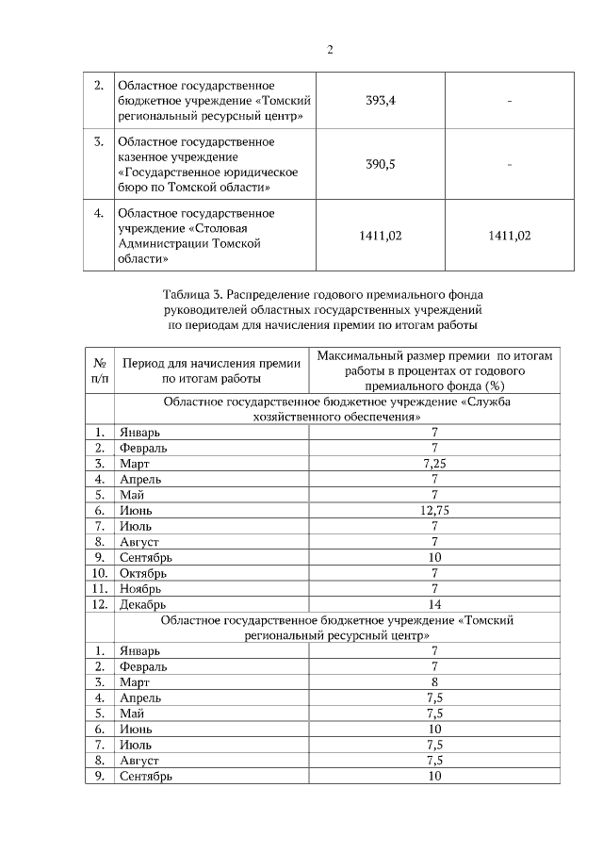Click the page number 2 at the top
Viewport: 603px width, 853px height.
pyautogui.click(x=330, y=50)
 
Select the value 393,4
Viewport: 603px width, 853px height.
pyautogui.click(x=380, y=102)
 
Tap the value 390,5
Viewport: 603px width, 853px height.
pyautogui.click(x=380, y=164)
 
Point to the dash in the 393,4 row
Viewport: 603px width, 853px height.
pyautogui.click(x=509, y=102)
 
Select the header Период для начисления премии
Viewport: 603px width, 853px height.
pyautogui.click(x=211, y=362)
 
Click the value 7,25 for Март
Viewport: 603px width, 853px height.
pyautogui.click(x=434, y=464)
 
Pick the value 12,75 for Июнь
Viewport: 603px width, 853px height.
pyautogui.click(x=434, y=510)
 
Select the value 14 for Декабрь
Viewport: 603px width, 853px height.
pyautogui.click(x=434, y=603)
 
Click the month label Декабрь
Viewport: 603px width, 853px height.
pyautogui.click(x=143, y=603)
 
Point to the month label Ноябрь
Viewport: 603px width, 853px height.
pyautogui.click(x=141, y=588)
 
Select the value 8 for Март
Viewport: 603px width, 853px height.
pyautogui.click(x=434, y=681)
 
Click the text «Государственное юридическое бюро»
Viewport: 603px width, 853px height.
pyautogui.click(x=207, y=172)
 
